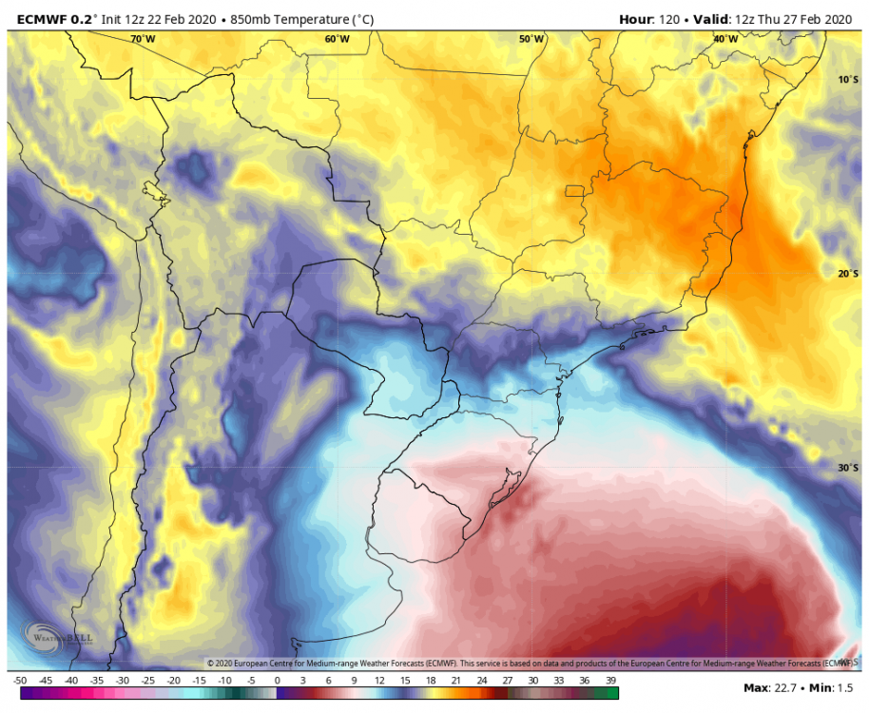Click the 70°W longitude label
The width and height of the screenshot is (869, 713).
pyautogui.click(x=143, y=39)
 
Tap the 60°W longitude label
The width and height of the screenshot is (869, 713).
pyautogui.click(x=337, y=39)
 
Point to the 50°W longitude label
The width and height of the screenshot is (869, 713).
pyautogui.click(x=531, y=39)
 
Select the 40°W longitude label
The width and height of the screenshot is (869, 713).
pyautogui.click(x=725, y=39)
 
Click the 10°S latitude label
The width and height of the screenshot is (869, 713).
pyautogui.click(x=848, y=79)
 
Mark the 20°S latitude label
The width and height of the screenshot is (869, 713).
pyautogui.click(x=848, y=274)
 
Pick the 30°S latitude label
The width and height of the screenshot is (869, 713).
pyautogui.click(x=848, y=468)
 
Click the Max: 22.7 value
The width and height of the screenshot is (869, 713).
pyautogui.click(x=770, y=687)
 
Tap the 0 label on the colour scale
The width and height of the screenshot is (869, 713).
pyautogui.click(x=277, y=681)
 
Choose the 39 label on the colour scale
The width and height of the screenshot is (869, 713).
pyautogui.click(x=610, y=681)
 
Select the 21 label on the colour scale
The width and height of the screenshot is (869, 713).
pyautogui.click(x=456, y=681)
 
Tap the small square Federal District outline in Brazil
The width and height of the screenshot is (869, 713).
pyautogui.click(x=574, y=191)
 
